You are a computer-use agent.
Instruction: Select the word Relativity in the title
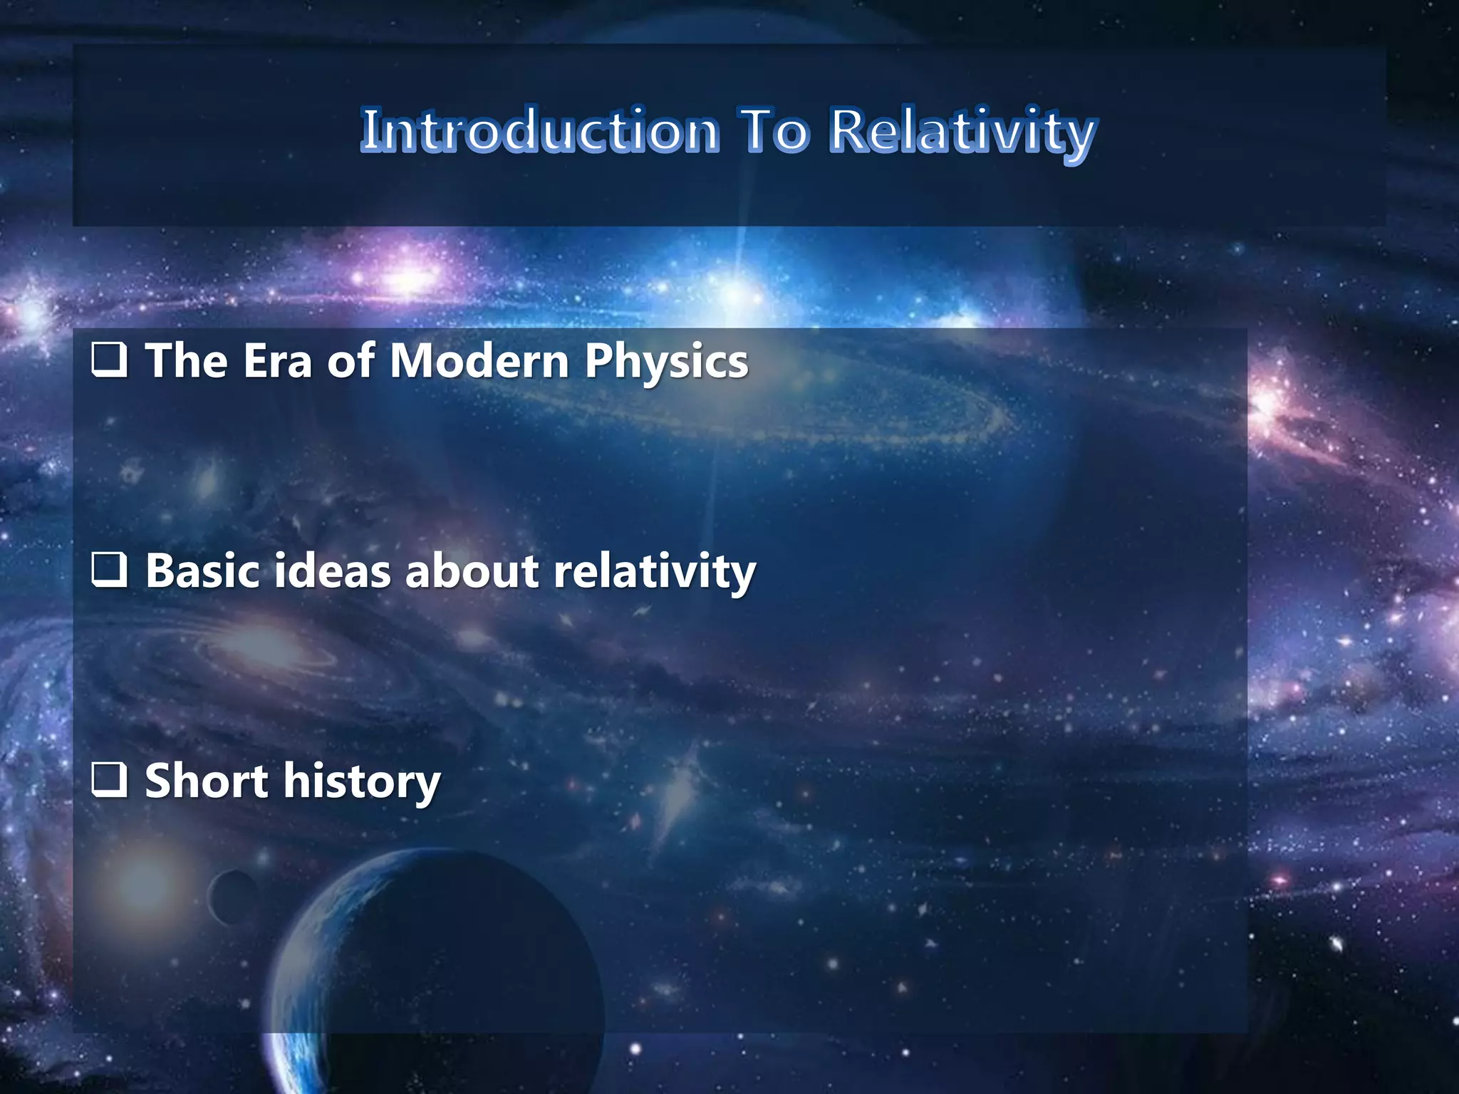pyautogui.click(x=962, y=132)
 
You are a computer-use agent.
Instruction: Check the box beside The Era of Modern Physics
pyautogui.click(x=110, y=360)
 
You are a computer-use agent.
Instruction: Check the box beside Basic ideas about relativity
pyautogui.click(x=110, y=570)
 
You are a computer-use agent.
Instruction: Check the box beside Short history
pyautogui.click(x=110, y=780)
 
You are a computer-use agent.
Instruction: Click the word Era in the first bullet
pyautogui.click(x=278, y=360)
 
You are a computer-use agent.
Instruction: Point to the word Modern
pyautogui.click(x=479, y=360)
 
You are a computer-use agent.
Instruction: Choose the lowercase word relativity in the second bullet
pyautogui.click(x=654, y=572)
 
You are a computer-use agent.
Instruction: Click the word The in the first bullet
pyautogui.click(x=186, y=360)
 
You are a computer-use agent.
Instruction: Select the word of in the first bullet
pyautogui.click(x=351, y=360)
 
